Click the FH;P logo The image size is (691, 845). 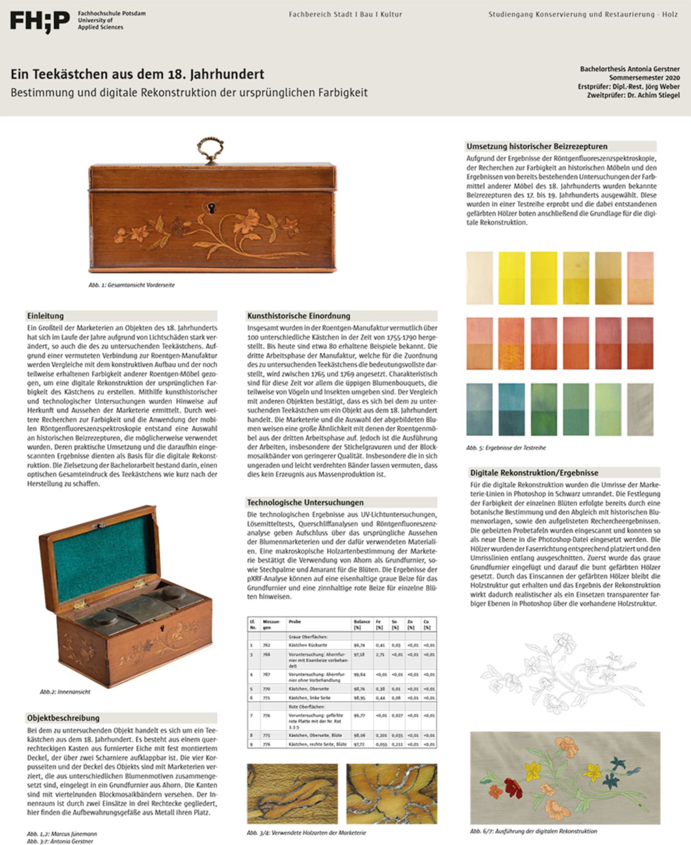(40, 22)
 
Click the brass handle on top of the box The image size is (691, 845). (210, 150)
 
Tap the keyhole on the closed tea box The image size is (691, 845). (210, 207)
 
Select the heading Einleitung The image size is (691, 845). (45, 316)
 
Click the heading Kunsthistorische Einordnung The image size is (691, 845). (298, 316)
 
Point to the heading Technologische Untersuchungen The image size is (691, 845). (305, 502)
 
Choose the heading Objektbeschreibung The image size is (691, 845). (63, 718)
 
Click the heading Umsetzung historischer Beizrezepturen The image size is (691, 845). (536, 146)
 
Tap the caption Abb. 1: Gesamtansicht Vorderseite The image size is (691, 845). (131, 285)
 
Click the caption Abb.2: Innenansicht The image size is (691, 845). (65, 691)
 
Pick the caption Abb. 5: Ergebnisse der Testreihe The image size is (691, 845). (506, 448)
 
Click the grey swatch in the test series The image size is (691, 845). (640, 409)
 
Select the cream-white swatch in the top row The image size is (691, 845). (479, 278)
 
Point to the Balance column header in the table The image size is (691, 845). (362, 624)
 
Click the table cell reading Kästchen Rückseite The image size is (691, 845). (308, 645)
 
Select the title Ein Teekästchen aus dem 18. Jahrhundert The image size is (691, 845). (137, 74)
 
